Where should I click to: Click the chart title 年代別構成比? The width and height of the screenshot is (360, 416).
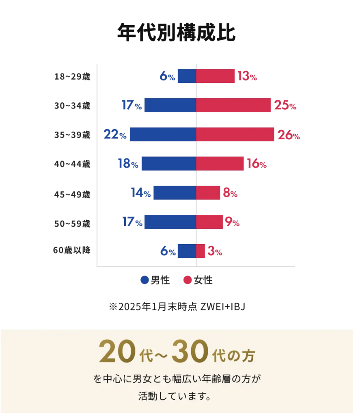tap(176, 32)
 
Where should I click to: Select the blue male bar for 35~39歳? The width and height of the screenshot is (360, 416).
tap(163, 134)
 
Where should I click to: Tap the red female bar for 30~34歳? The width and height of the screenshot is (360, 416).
tap(233, 105)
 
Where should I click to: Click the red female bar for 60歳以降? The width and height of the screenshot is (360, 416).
tap(200, 251)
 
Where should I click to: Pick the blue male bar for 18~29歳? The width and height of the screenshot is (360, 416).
tap(187, 76)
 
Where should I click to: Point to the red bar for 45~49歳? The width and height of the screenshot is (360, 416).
tap(208, 193)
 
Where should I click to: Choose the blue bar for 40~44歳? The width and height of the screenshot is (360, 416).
tap(169, 163)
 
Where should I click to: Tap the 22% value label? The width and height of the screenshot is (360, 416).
tap(115, 134)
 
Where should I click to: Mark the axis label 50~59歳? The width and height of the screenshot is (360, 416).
tap(72, 223)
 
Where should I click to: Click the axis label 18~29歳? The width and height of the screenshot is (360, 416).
tap(72, 76)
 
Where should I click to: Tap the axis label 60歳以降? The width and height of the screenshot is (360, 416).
tap(71, 251)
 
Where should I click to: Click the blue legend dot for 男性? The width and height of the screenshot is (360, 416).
tap(144, 280)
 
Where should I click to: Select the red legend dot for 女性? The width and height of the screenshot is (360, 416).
tap(187, 280)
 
